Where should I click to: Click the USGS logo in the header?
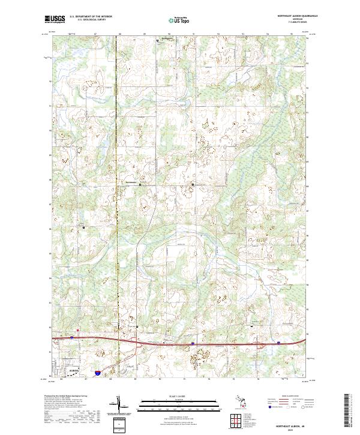click(x=55, y=19)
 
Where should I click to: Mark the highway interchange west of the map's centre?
click(x=137, y=340)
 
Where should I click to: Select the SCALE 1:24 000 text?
click(x=180, y=396)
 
